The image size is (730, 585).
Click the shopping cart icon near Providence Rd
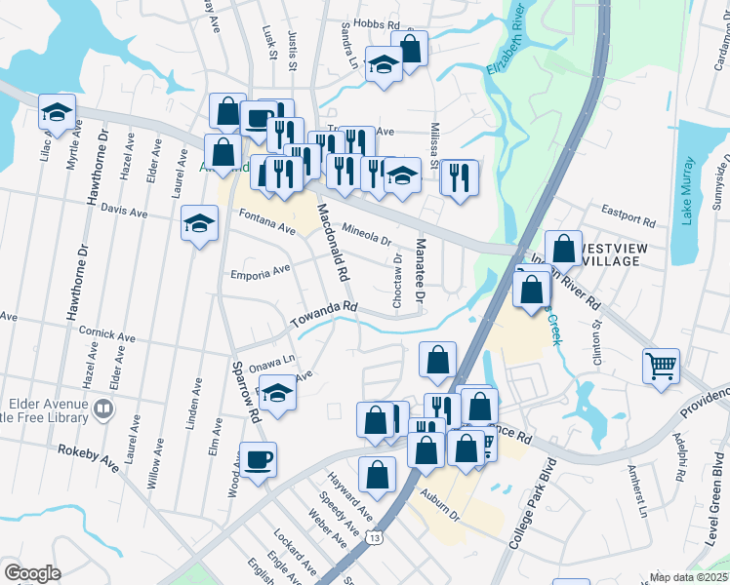(x=661, y=367)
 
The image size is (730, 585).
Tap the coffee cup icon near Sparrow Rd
(x=259, y=459)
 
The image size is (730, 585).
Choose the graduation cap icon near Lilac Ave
(x=57, y=112)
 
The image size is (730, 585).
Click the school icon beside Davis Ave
(x=199, y=223)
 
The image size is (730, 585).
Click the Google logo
(x=32, y=572)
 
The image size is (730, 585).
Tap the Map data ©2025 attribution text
(x=687, y=577)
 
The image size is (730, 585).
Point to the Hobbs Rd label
(x=381, y=22)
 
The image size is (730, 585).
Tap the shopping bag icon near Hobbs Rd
(x=410, y=48)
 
